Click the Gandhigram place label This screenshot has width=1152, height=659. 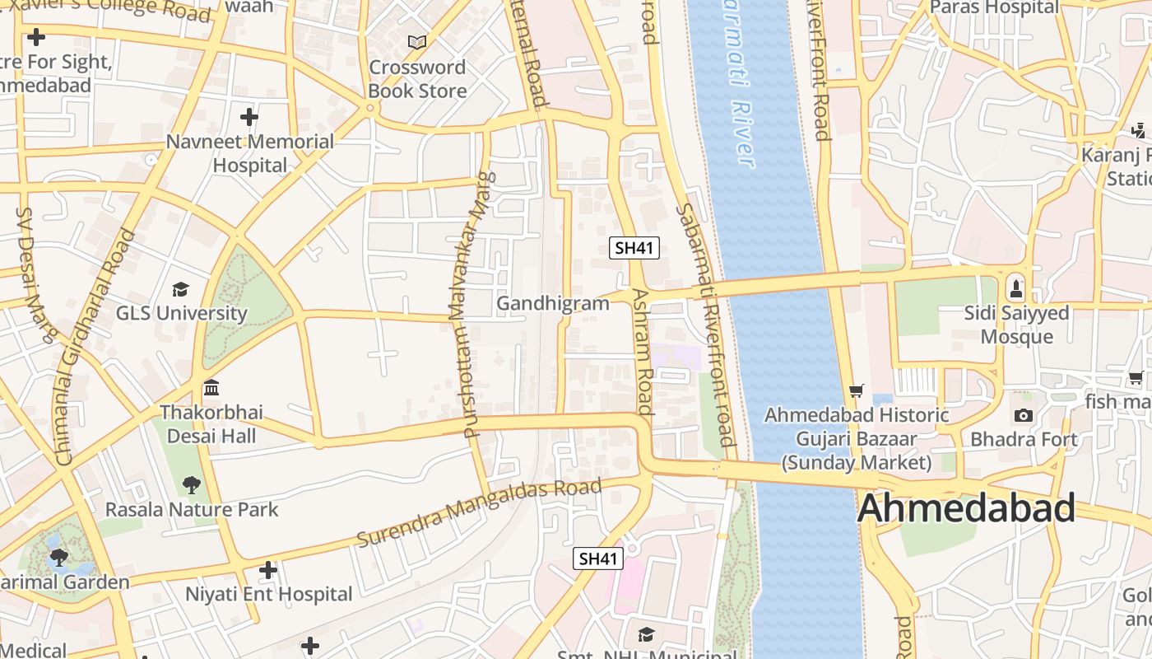pyautogui.click(x=553, y=303)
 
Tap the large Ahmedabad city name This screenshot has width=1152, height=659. pyautogui.click(x=966, y=508)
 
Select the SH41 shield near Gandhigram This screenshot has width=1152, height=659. pyautogui.click(x=634, y=247)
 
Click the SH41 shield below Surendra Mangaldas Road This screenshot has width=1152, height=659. pyautogui.click(x=598, y=559)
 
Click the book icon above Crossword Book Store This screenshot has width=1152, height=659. pyautogui.click(x=417, y=41)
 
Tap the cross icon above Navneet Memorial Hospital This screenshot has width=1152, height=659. pyautogui.click(x=249, y=117)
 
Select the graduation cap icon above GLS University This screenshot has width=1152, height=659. pyautogui.click(x=180, y=289)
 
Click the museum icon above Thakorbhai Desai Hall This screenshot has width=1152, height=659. pyautogui.click(x=211, y=387)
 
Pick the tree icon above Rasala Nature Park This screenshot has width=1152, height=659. pyautogui.click(x=192, y=484)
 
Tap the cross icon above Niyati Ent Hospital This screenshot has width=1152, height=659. pyautogui.click(x=268, y=569)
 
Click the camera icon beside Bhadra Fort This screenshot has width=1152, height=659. pyautogui.click(x=1024, y=415)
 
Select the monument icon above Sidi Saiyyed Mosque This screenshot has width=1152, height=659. pyautogui.click(x=1016, y=288)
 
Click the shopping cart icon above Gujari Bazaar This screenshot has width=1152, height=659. pyautogui.click(x=857, y=390)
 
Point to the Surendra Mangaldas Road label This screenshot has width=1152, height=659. pyautogui.click(x=479, y=512)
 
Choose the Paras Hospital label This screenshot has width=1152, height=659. pyautogui.click(x=994, y=7)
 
